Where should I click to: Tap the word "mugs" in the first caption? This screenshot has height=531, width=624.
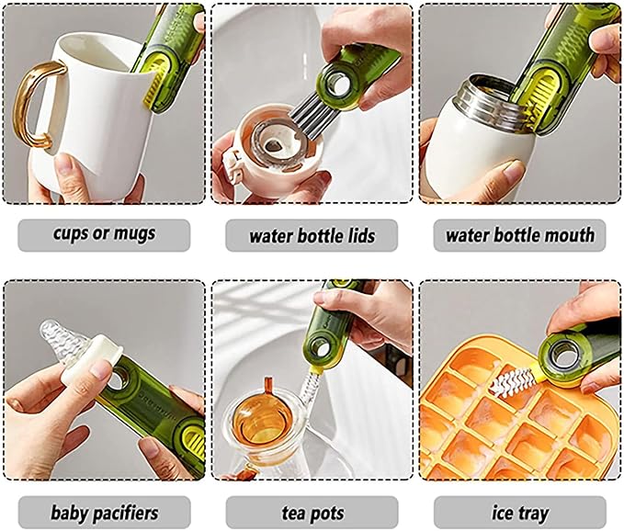click(134, 234)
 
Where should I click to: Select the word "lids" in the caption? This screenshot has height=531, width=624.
click(359, 236)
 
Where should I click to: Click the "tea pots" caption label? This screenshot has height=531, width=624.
click(312, 514)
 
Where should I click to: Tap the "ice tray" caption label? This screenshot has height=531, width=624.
click(520, 514)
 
